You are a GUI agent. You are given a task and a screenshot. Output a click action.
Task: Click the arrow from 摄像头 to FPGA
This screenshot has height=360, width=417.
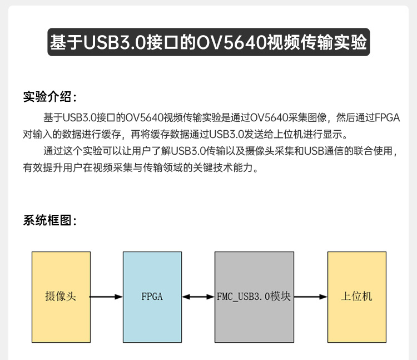[106, 297]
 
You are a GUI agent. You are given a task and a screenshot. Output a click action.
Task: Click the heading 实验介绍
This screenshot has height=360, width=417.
[49, 97]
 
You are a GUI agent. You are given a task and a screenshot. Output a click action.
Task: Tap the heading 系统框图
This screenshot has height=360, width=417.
[49, 220]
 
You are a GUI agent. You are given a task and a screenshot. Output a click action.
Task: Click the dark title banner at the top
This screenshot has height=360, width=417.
[209, 42]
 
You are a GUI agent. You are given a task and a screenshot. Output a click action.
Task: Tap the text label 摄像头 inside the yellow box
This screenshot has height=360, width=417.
[61, 297]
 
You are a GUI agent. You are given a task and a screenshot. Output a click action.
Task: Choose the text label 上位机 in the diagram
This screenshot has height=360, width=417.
[356, 297]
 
